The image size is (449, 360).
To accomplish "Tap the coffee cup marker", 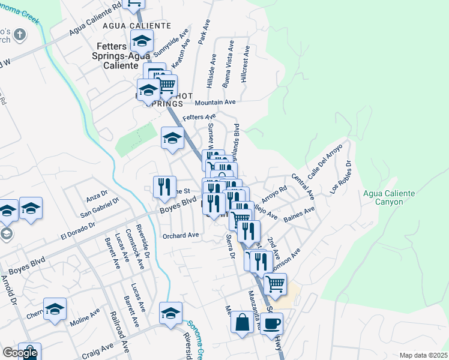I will (272, 324).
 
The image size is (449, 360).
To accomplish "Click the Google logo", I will (19, 353).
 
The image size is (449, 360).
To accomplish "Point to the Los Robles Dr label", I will (340, 176).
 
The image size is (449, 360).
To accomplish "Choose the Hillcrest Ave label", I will (244, 67).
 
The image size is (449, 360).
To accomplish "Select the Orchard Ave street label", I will (181, 236).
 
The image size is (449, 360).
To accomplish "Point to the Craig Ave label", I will (98, 347).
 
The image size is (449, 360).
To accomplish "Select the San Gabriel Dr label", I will (100, 207).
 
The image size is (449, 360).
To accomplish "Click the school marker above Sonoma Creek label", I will (170, 313).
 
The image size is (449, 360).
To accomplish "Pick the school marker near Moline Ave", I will (55, 309).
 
